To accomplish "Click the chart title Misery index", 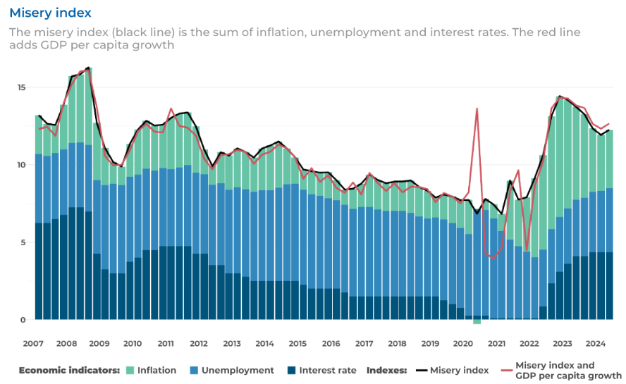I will click(50, 13).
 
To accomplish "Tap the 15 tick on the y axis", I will click(21, 87).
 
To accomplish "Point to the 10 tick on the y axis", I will click(21, 165).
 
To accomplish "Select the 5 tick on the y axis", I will click(23, 242).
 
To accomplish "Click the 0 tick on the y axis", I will click(23, 320).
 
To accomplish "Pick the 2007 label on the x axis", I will click(33, 343).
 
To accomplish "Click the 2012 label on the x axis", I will click(199, 343).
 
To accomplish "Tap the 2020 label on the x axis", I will click(463, 343).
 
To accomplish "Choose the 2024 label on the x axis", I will click(596, 343).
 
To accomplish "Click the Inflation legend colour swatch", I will click(129, 370).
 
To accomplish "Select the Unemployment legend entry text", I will click(238, 370).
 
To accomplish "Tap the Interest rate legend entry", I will click(328, 370).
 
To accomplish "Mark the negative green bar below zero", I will click(477, 322).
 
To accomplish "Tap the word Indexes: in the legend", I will click(386, 370).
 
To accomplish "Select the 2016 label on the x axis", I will click(331, 343).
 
